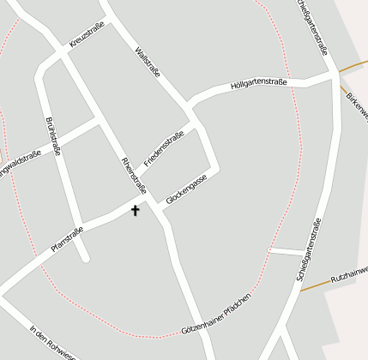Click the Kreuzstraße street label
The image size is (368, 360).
tap(87, 35)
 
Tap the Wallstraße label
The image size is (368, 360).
tap(148, 64)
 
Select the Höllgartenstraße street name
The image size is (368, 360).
tap(257, 84)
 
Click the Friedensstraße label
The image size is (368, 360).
tap(164, 147)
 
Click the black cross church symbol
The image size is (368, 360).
tap(135, 209)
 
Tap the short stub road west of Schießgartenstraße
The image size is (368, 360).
tap(286, 251)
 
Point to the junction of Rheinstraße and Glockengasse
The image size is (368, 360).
tap(160, 207)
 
